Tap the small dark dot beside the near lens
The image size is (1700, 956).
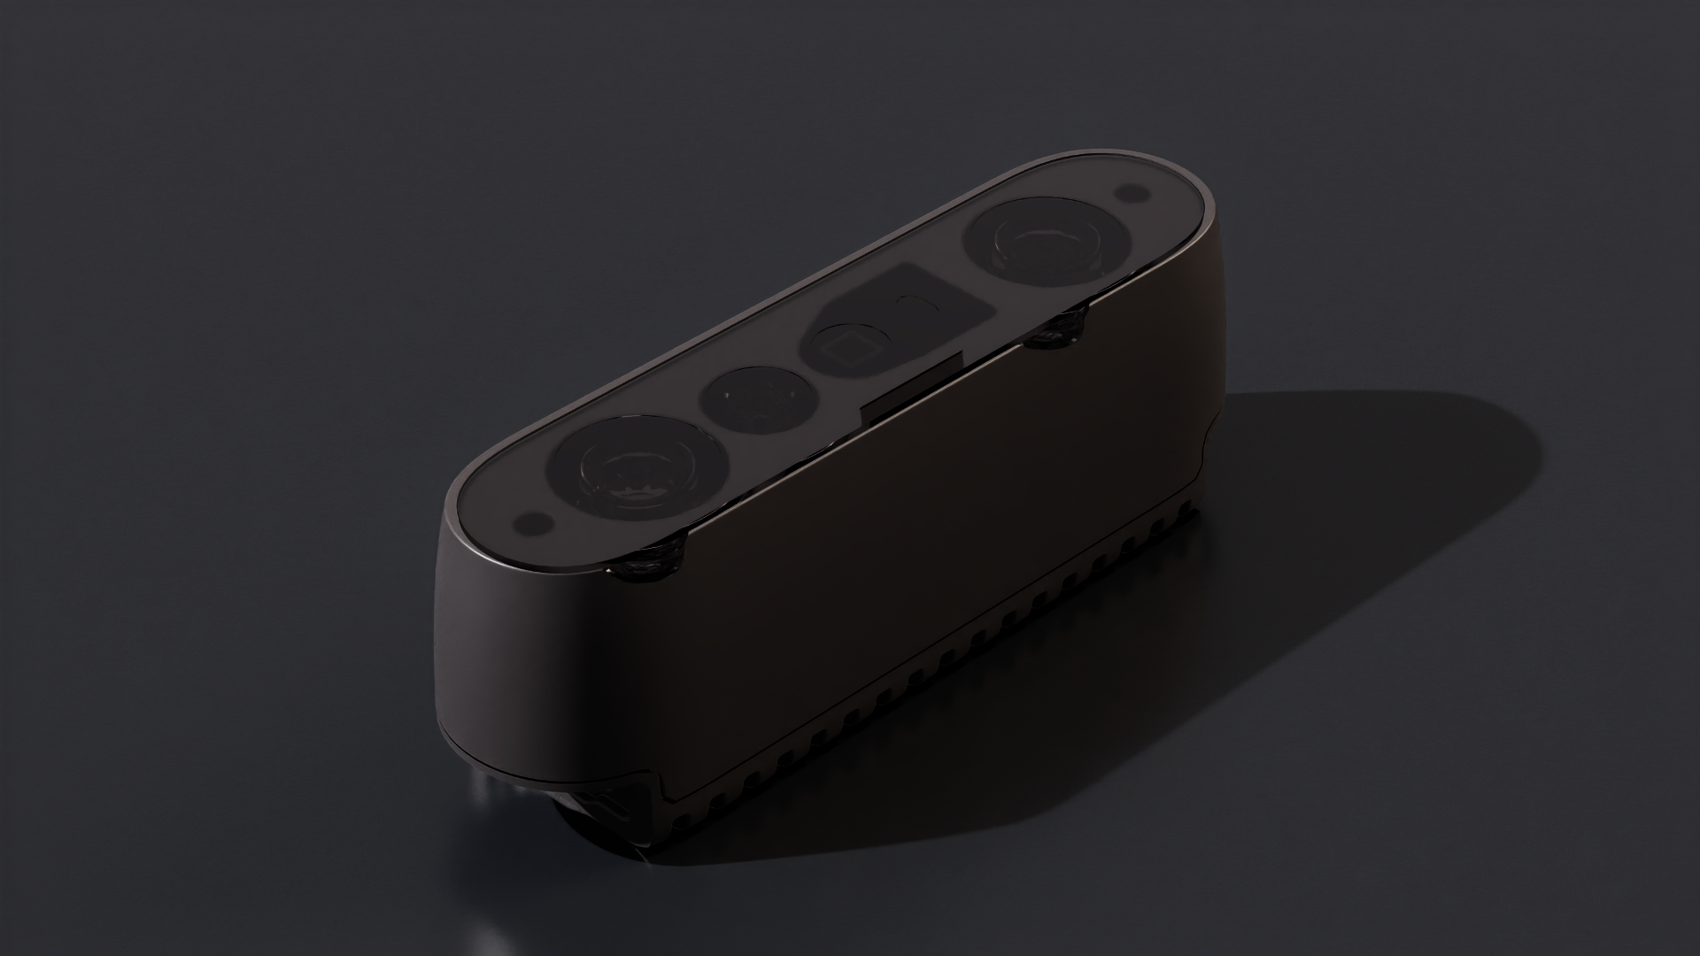click(534, 522)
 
